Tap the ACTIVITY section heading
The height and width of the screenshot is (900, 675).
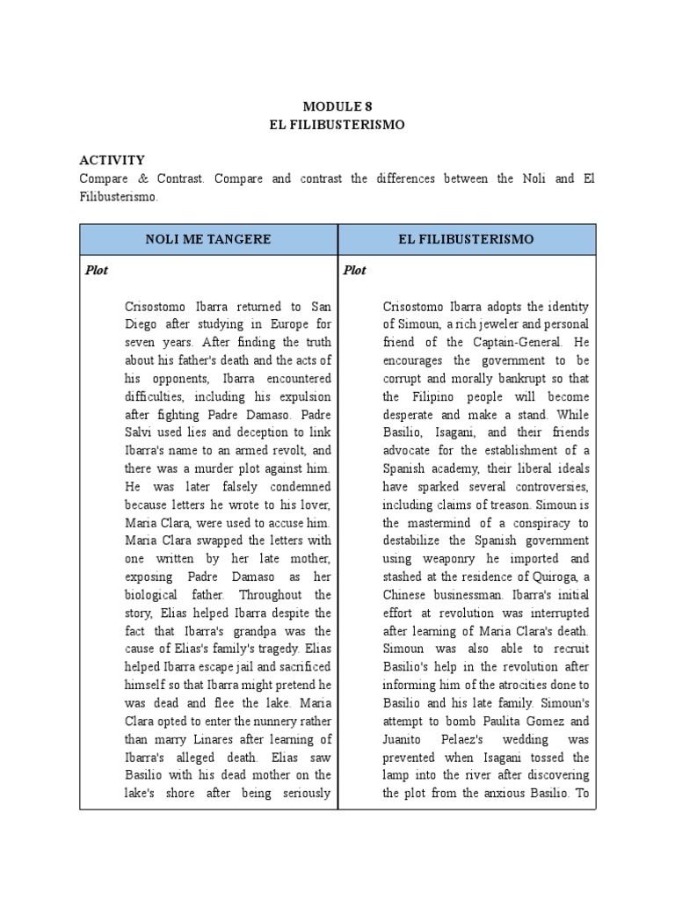112,159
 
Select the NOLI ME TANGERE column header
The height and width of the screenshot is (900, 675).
208,239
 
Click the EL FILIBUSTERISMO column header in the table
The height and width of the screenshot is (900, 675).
467,239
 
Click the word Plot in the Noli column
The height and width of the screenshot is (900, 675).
97,270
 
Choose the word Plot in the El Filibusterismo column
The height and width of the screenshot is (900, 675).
355,270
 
